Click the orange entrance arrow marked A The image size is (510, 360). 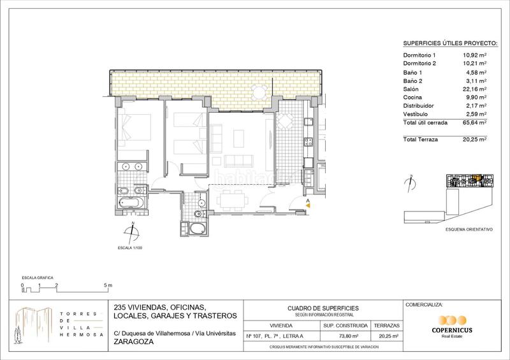pos(307,203)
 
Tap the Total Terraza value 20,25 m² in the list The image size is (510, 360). pos(474,138)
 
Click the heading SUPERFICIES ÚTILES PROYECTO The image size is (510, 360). pos(450,43)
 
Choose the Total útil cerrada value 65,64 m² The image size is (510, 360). pos(474,122)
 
